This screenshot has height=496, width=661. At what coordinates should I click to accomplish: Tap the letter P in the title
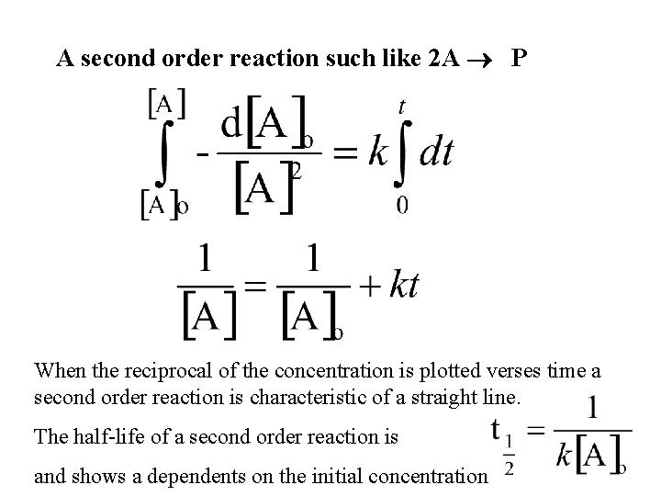(520, 60)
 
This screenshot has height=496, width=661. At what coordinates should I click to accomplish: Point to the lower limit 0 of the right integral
(402, 204)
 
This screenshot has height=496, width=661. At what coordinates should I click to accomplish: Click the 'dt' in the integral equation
(435, 152)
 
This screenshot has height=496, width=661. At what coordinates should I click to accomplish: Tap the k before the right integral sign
(377, 152)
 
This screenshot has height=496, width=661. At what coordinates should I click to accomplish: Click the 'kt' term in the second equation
(404, 286)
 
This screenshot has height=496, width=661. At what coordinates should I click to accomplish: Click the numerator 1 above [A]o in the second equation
(312, 258)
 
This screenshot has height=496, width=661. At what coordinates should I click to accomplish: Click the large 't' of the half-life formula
(497, 429)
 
